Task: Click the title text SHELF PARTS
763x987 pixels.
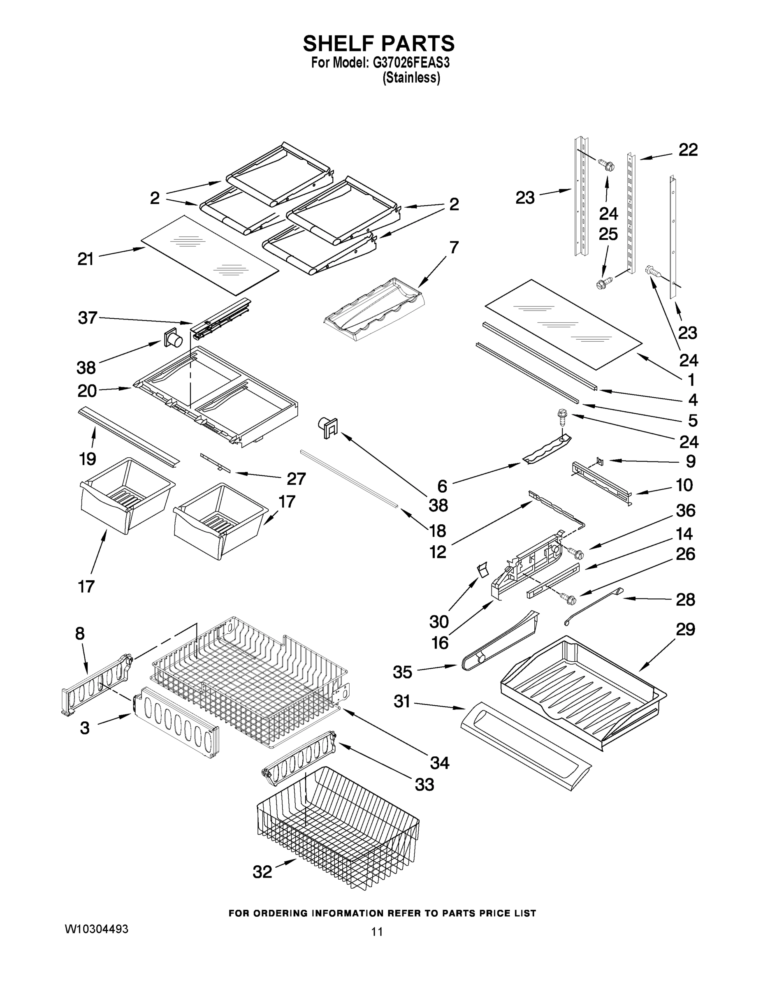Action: (378, 44)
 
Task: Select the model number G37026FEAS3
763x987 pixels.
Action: (411, 63)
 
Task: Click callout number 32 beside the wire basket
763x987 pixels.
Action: (262, 872)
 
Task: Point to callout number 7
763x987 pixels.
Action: (454, 247)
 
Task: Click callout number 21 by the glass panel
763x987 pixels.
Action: (86, 259)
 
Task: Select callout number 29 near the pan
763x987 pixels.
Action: (685, 629)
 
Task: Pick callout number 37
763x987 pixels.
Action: (87, 318)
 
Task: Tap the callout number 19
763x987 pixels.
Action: (88, 459)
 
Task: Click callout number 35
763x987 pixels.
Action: (402, 685)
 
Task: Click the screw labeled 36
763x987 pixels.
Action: (575, 552)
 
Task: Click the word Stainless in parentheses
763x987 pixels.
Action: (411, 78)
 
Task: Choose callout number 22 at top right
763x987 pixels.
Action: (688, 150)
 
